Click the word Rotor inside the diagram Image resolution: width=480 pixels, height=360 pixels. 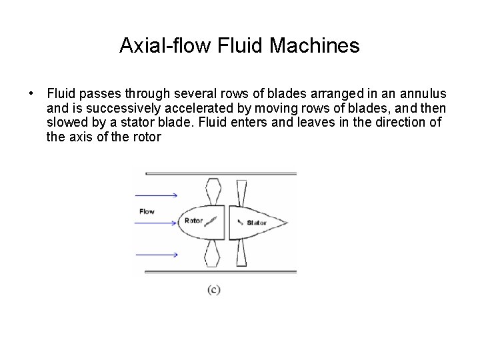pyautogui.click(x=193, y=221)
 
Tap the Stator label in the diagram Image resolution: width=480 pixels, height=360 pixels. pyautogui.click(x=257, y=222)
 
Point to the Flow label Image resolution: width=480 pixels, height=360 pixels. pyautogui.click(x=147, y=211)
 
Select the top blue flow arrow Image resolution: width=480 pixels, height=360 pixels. pyautogui.click(x=156, y=195)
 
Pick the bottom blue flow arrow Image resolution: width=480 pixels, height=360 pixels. pyautogui.click(x=156, y=255)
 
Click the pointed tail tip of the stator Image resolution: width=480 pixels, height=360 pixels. pyautogui.click(x=287, y=222)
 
